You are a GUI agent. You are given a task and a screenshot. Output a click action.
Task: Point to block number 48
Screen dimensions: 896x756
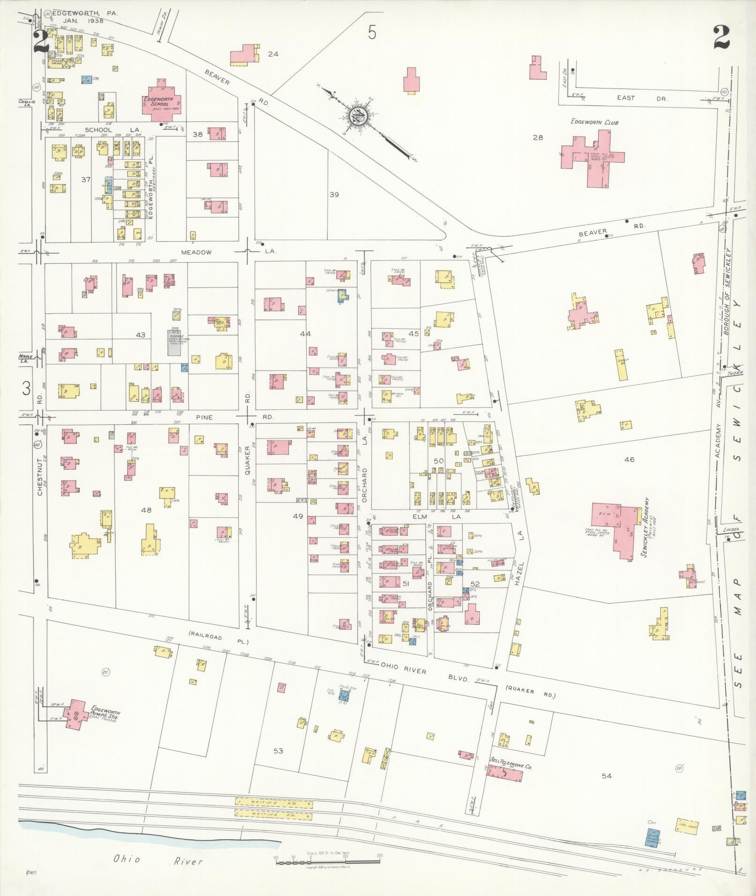pos(146,510)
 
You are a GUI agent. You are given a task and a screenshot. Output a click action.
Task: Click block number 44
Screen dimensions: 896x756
pos(305,334)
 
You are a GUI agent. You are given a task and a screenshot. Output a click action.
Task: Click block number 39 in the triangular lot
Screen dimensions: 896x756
pos(334,194)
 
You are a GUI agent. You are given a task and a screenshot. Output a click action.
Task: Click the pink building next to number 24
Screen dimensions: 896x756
pos(244,55)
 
